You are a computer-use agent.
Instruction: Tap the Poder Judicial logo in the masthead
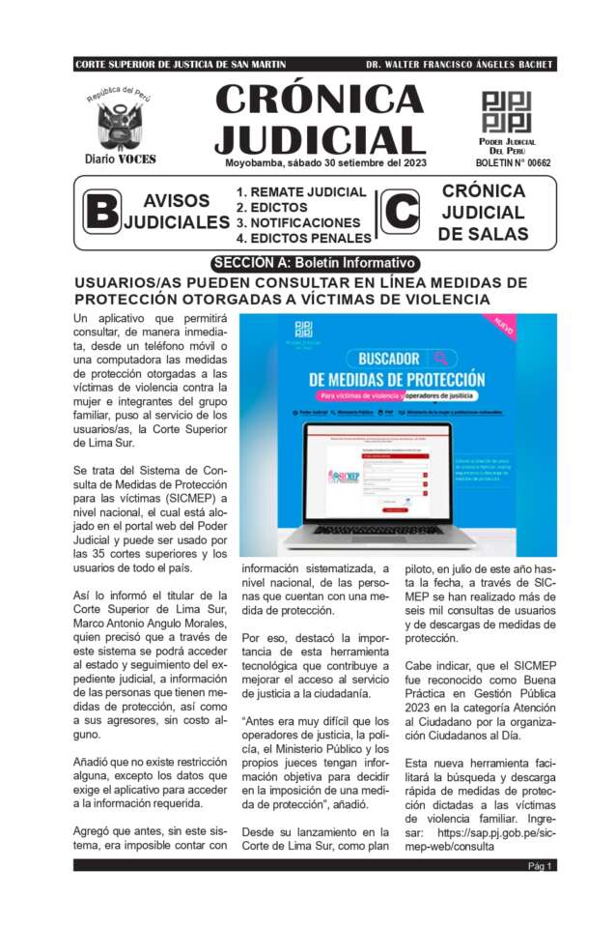(506, 111)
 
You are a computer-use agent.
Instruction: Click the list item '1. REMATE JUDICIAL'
(301, 192)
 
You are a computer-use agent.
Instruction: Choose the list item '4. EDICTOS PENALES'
(304, 238)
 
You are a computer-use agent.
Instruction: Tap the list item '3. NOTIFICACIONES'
(298, 222)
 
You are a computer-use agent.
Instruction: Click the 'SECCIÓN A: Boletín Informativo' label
(314, 263)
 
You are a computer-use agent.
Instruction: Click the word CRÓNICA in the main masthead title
(320, 101)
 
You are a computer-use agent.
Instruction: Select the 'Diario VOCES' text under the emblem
(120, 159)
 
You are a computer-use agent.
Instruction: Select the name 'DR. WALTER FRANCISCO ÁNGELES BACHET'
(459, 65)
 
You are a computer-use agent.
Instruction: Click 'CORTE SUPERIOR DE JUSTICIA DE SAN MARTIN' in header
(181, 65)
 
